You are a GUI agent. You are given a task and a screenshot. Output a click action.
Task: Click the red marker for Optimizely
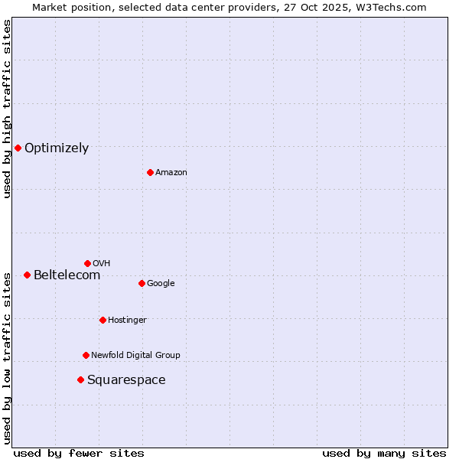pyautogui.click(x=18, y=148)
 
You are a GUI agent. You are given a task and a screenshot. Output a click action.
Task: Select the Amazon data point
pyautogui.click(x=150, y=172)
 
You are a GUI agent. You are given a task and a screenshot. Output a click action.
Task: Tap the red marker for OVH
pyautogui.click(x=87, y=263)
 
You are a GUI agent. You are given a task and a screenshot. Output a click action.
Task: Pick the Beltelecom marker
pyautogui.click(x=27, y=275)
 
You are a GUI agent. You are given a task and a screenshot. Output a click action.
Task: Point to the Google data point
pyautogui.click(x=142, y=283)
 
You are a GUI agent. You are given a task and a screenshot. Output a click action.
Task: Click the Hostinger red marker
pyautogui.click(x=103, y=320)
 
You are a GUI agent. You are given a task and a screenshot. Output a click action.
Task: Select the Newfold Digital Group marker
pyautogui.click(x=86, y=355)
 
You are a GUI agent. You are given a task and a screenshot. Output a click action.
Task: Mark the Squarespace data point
pyautogui.click(x=80, y=379)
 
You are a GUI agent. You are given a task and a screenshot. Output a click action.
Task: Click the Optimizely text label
pyautogui.click(x=57, y=148)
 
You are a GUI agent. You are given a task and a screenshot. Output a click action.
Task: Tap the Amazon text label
pyautogui.click(x=171, y=173)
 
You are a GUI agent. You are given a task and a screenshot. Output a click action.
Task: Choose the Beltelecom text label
pyautogui.click(x=67, y=275)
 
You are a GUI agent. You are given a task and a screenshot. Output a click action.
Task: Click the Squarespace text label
pyautogui.click(x=126, y=380)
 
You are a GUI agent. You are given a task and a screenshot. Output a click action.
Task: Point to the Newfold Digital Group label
pyautogui.click(x=135, y=355)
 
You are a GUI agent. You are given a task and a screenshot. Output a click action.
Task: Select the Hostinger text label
pyautogui.click(x=127, y=320)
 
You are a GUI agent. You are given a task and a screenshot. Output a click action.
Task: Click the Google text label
pyautogui.click(x=161, y=283)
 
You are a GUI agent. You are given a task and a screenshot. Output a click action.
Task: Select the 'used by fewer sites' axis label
pyautogui.click(x=79, y=453)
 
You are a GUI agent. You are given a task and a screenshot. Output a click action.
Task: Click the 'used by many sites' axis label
pyautogui.click(x=384, y=453)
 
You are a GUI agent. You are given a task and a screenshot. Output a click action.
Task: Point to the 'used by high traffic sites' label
pyautogui.click(x=7, y=109)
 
